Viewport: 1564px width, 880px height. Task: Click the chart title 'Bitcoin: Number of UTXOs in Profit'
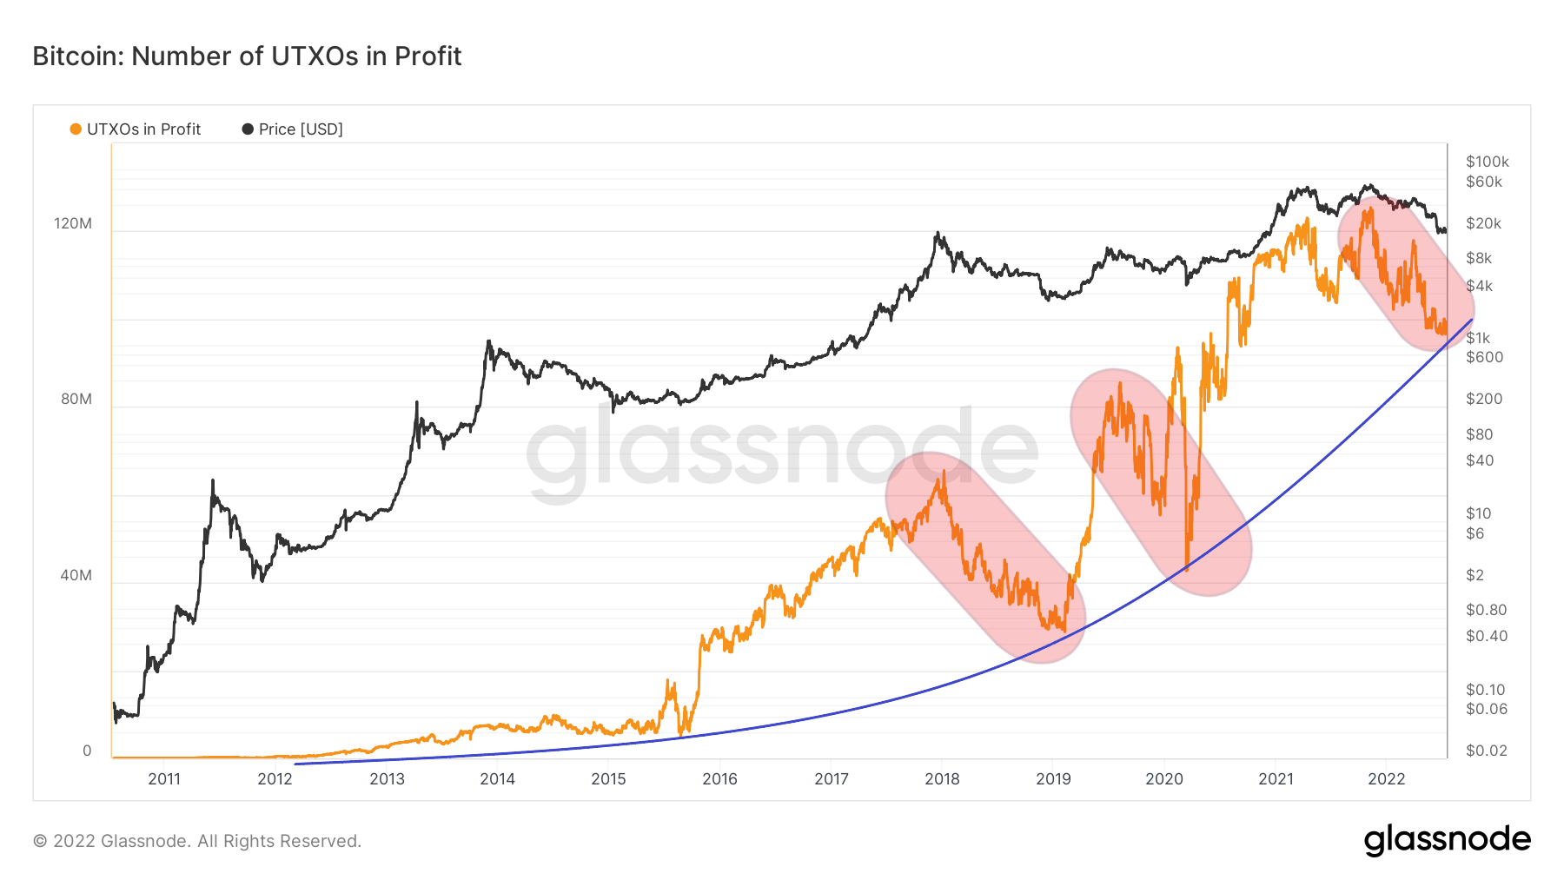[x=247, y=56]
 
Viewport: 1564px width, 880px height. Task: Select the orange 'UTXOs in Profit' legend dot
[x=76, y=129]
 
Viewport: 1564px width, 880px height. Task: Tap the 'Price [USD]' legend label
[x=301, y=129]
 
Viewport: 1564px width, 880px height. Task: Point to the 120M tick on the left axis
[x=73, y=223]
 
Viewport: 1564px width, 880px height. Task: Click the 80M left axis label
[x=76, y=399]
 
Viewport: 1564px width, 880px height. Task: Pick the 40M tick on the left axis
[x=76, y=575]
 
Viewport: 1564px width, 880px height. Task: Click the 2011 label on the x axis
[x=164, y=778]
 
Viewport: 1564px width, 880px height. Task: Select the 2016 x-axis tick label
[x=719, y=778]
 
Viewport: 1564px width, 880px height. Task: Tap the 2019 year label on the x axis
[x=1053, y=778]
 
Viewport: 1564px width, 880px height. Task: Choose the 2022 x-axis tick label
[x=1386, y=778]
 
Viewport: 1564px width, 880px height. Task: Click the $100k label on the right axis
[x=1487, y=162]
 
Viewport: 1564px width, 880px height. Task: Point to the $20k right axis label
[x=1483, y=223]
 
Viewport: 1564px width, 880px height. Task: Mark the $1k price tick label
[x=1478, y=338]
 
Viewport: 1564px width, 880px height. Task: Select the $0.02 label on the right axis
[x=1486, y=751]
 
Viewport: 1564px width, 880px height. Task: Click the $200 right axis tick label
[x=1483, y=399]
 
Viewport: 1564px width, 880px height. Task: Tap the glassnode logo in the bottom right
[x=1447, y=840]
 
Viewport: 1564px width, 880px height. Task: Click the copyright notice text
[x=197, y=841]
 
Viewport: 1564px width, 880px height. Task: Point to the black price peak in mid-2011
[x=212, y=481]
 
